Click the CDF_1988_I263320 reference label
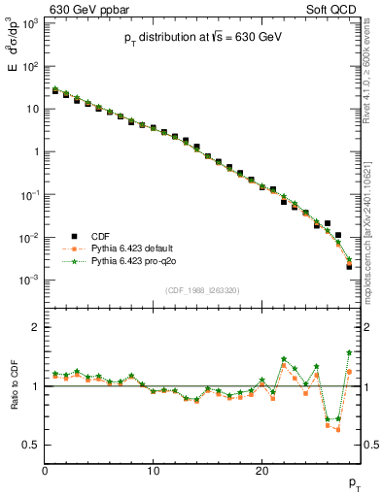(x=203, y=289)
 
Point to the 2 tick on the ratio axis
(x=36, y=327)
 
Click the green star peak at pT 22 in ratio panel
(x=284, y=359)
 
